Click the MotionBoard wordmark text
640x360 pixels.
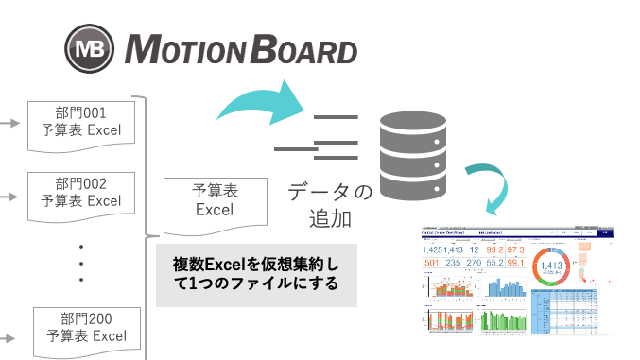point(242,49)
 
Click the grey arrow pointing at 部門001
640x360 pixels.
point(10,123)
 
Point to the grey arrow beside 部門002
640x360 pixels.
point(10,197)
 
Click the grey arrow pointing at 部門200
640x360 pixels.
point(10,334)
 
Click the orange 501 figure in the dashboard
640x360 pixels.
point(432,263)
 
